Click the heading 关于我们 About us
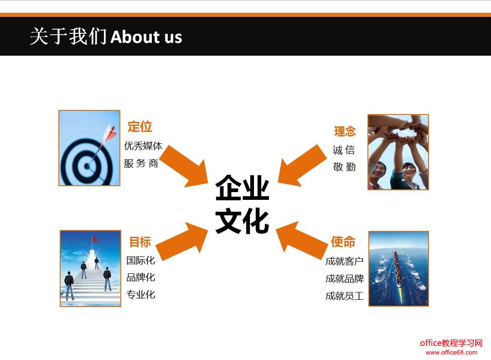click(x=106, y=37)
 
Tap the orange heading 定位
click(x=140, y=126)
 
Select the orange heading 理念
click(x=345, y=131)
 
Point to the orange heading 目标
click(x=140, y=242)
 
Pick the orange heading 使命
click(x=343, y=242)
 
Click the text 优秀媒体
click(x=143, y=146)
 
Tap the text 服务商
click(x=141, y=163)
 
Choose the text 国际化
click(x=141, y=261)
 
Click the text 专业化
click(x=141, y=294)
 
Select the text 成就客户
click(x=344, y=261)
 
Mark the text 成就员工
click(x=344, y=296)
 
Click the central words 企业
click(x=242, y=188)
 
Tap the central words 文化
click(x=242, y=221)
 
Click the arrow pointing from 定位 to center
click(x=183, y=166)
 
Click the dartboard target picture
click(x=89, y=148)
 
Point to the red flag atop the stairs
click(x=95, y=239)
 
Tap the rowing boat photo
click(x=398, y=268)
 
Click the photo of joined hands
click(x=398, y=152)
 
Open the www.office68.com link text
click(x=451, y=352)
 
